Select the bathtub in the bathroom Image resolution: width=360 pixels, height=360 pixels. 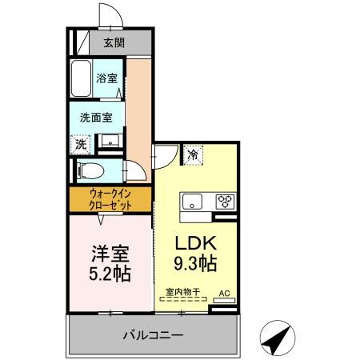click(81, 78)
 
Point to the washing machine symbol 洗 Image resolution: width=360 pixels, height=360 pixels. click(80, 145)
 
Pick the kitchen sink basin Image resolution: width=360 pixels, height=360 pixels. click(192, 201)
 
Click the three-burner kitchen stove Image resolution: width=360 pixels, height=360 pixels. click(222, 201)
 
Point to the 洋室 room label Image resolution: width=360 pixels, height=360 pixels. click(106, 254)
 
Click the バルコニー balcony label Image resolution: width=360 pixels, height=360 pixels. click(153, 334)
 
